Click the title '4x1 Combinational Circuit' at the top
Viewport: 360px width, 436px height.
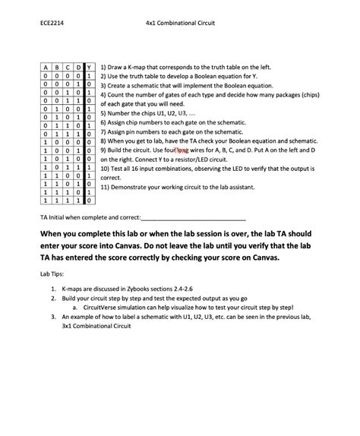(x=180, y=23)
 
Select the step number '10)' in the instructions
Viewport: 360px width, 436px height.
(x=106, y=169)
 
